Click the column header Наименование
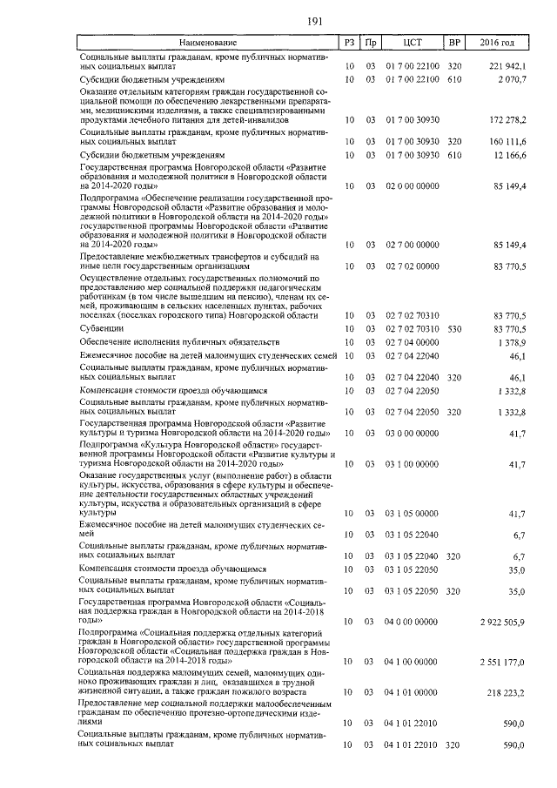[207, 42]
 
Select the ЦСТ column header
[413, 42]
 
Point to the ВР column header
[453, 42]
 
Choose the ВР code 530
[453, 328]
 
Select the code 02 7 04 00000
[413, 342]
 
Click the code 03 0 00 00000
[413, 433]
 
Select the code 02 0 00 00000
[413, 185]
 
